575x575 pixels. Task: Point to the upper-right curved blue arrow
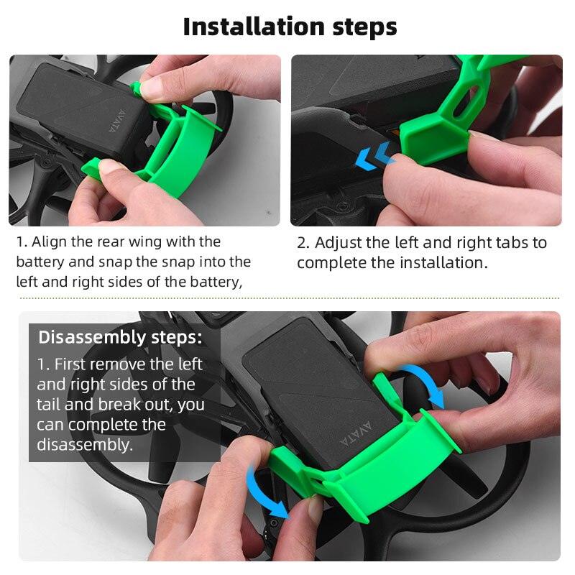click(x=423, y=385)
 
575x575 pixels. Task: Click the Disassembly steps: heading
click(x=120, y=336)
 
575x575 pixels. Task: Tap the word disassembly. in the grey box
click(x=85, y=445)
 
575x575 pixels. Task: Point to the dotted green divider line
click(x=287, y=298)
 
